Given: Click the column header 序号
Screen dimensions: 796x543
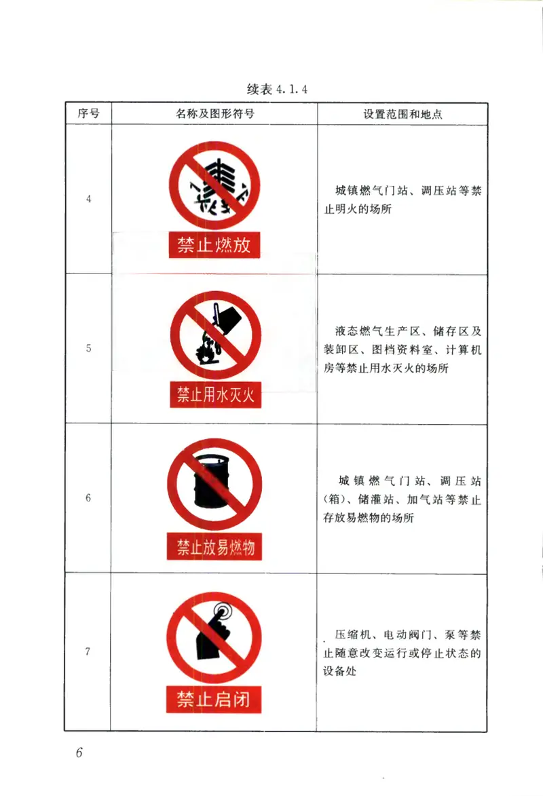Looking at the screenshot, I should [88, 114].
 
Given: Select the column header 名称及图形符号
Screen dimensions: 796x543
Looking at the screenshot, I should [214, 114].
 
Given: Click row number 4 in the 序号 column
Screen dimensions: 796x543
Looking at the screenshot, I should [88, 199].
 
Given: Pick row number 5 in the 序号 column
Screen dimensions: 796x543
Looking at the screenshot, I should [88, 349].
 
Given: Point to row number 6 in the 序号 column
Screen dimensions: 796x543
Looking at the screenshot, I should [88, 498].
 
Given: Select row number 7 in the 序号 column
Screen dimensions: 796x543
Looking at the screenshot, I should [88, 651].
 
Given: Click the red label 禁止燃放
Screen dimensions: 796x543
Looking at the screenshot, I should [214, 245].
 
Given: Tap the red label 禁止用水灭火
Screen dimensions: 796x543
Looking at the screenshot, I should [215, 395].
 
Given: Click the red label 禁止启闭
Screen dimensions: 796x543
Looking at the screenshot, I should [214, 699].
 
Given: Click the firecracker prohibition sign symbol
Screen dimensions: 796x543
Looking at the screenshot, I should [214, 185].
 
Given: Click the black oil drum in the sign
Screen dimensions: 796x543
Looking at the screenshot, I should [213, 483].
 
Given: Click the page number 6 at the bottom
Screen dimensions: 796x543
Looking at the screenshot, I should [79, 753].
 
